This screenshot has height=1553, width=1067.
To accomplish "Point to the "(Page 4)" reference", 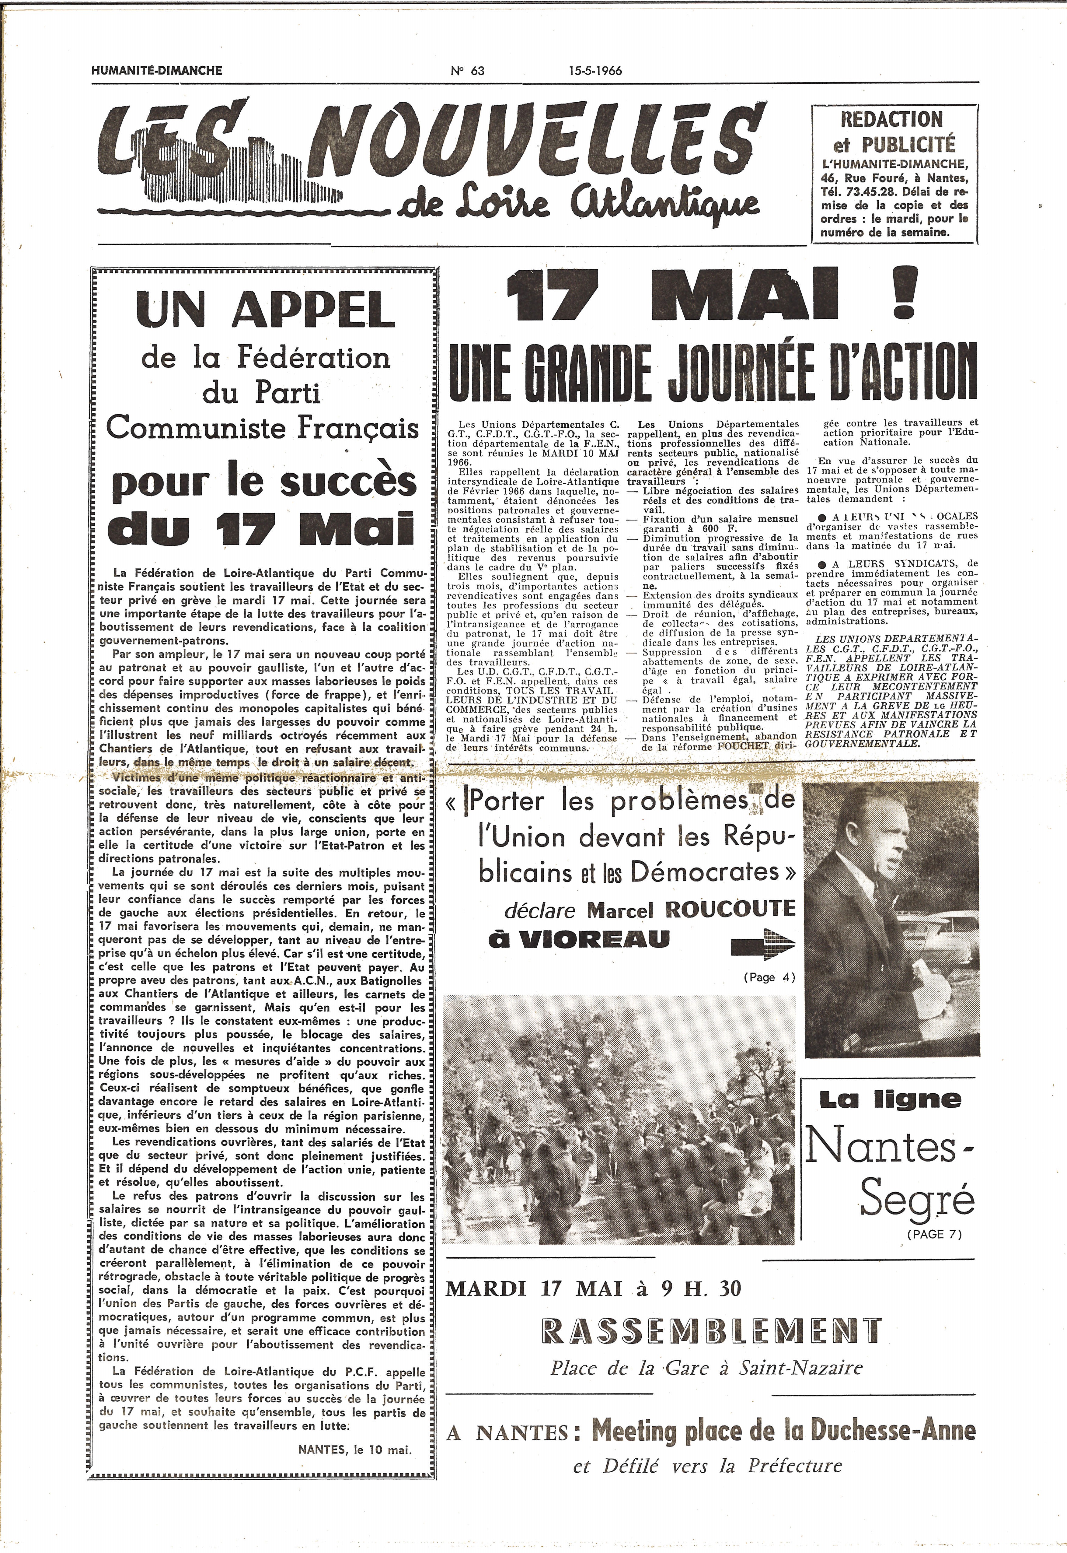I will [769, 976].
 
